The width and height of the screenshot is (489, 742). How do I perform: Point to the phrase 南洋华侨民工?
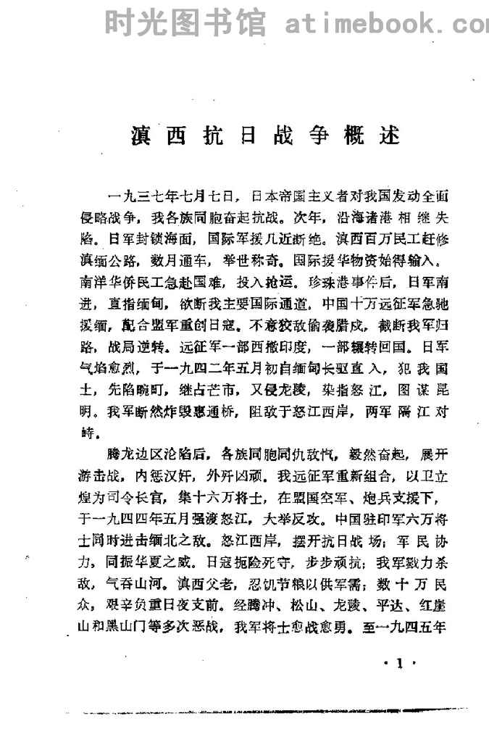click(120, 279)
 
